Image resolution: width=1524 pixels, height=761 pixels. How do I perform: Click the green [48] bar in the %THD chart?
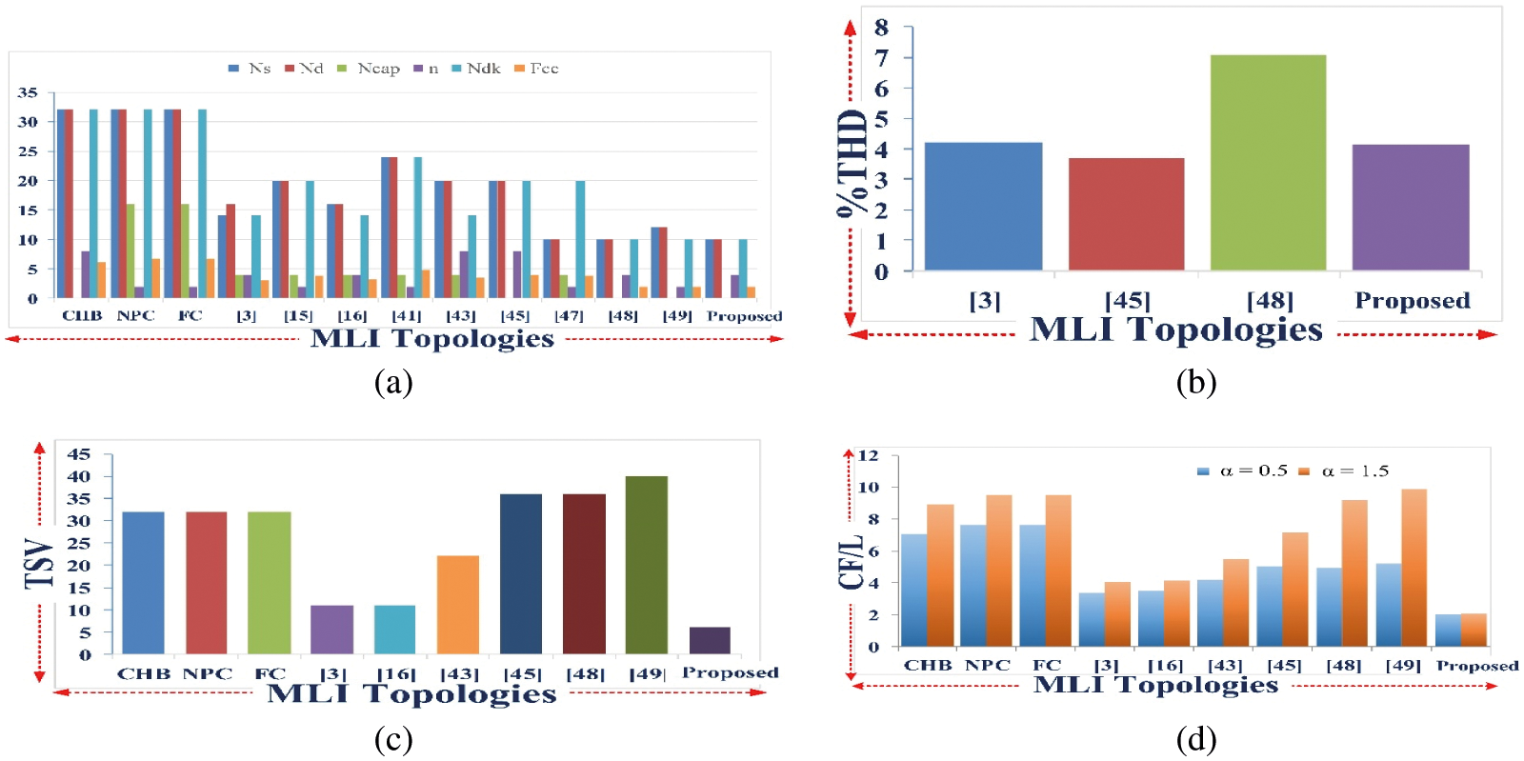(x=1268, y=164)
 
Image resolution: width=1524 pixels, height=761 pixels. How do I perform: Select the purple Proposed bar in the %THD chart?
(x=1411, y=208)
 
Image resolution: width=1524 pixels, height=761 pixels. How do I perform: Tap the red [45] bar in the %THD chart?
(x=1126, y=214)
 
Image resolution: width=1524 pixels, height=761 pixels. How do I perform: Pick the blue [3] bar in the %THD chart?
(x=983, y=207)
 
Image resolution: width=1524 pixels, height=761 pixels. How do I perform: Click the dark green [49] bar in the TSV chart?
(x=647, y=565)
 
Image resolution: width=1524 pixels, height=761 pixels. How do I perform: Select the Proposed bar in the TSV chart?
(x=710, y=640)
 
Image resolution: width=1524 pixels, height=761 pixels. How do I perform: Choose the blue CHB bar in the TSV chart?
(x=143, y=582)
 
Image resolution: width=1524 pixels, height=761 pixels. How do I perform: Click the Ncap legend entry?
(x=371, y=69)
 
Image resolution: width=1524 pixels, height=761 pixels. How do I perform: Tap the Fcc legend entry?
(x=537, y=69)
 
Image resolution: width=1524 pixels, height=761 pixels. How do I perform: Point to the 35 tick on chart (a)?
(x=28, y=92)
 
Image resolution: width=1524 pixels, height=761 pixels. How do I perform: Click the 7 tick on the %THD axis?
(x=881, y=58)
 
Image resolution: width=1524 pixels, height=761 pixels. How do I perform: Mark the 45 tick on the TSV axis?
(x=79, y=454)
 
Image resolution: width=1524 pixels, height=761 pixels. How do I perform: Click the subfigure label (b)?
(x=1196, y=382)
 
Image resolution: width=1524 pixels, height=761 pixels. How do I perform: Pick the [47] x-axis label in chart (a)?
(x=569, y=315)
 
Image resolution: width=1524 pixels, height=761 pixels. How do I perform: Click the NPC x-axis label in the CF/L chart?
(x=988, y=665)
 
